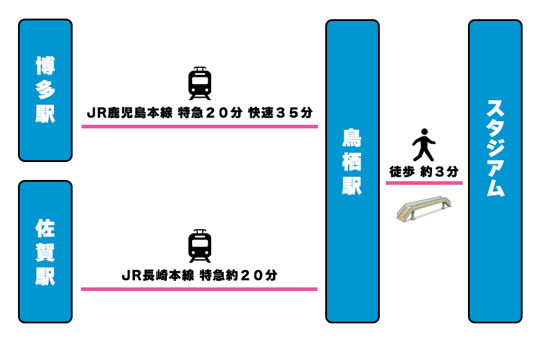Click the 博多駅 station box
pos(45,90)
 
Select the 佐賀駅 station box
pos(45,251)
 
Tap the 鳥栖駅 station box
pos(352,171)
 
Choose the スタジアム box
pos(495,171)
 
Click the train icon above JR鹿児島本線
pos(200,83)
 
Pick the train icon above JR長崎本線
pos(200,246)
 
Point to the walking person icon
pos(424,145)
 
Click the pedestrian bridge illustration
pos(424,208)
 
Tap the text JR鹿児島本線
pos(130,113)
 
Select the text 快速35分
pos(281,113)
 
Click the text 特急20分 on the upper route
pos(211,113)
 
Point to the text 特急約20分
pos(239,275)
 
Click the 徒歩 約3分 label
pos(424,172)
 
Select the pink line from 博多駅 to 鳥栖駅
pos(200,127)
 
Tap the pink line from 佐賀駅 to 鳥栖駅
pos(199,289)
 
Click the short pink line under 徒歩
pos(424,183)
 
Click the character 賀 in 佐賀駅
pos(45,252)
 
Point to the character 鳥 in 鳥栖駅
pos(352,138)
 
